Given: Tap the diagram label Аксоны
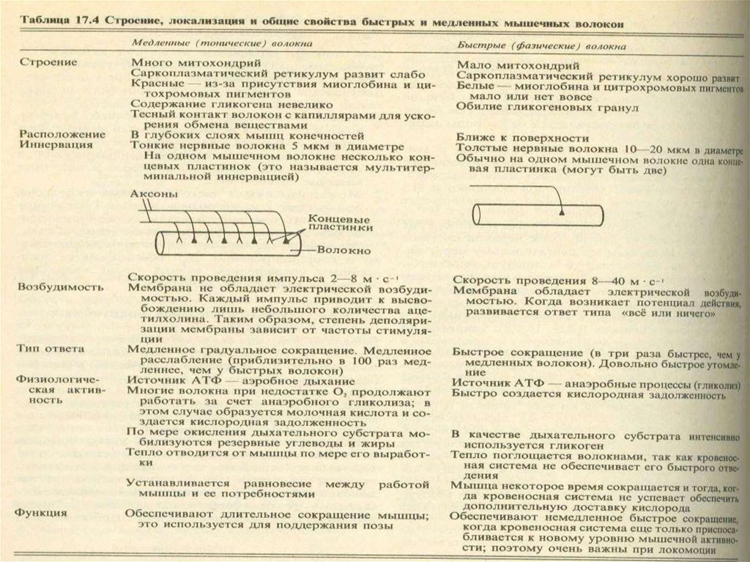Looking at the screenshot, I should [152, 196].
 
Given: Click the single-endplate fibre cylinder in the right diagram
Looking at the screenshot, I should [538, 215].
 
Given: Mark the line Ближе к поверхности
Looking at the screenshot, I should [521, 137].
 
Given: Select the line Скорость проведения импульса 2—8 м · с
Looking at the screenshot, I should [253, 278].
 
